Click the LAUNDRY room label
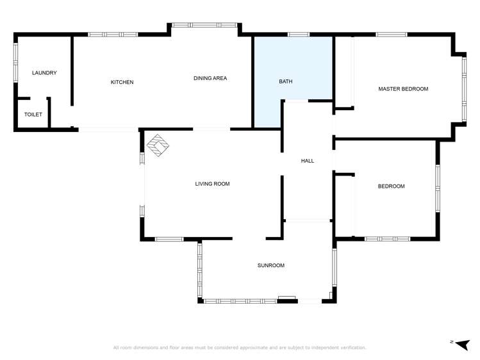[44, 73]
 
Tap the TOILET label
[33, 115]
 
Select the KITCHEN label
[122, 82]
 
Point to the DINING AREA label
[210, 78]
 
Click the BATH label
[285, 82]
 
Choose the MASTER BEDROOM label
[402, 89]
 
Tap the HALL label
[308, 161]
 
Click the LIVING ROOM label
[212, 184]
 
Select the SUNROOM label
[270, 265]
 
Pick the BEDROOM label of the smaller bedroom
[391, 186]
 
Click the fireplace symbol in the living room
[157, 145]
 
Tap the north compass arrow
[463, 343]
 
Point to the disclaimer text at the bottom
[240, 348]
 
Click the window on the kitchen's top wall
[113, 35]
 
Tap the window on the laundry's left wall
[16, 63]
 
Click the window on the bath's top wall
[298, 35]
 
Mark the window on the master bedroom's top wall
[391, 35]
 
